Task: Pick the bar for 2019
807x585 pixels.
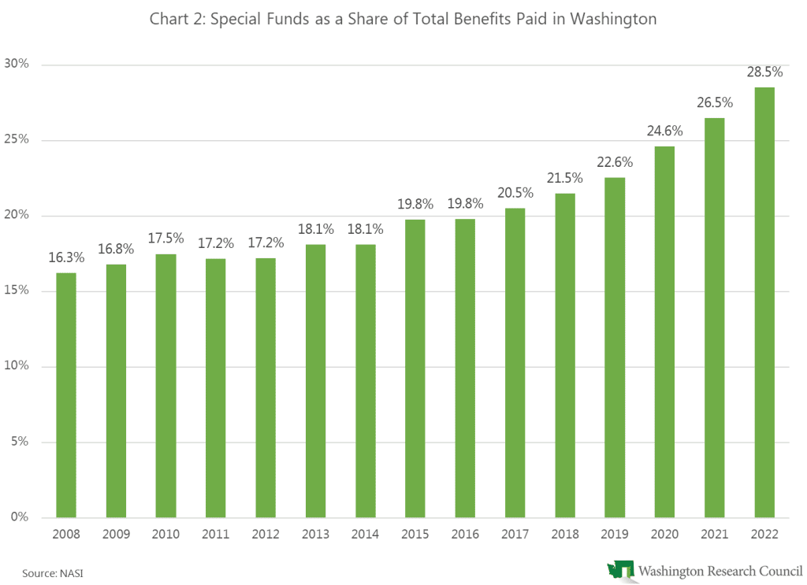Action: [x=614, y=347]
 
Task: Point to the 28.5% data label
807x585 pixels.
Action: [x=764, y=72]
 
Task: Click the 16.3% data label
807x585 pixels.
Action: [x=66, y=257]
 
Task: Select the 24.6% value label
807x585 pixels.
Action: [x=664, y=131]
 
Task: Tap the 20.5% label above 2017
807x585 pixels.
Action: [x=515, y=193]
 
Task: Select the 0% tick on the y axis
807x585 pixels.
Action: [x=19, y=517]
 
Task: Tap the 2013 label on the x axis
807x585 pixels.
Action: [x=315, y=534]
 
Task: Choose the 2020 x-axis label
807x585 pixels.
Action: [x=664, y=534]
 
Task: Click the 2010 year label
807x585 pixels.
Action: [x=165, y=534]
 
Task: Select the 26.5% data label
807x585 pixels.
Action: [x=714, y=102]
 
